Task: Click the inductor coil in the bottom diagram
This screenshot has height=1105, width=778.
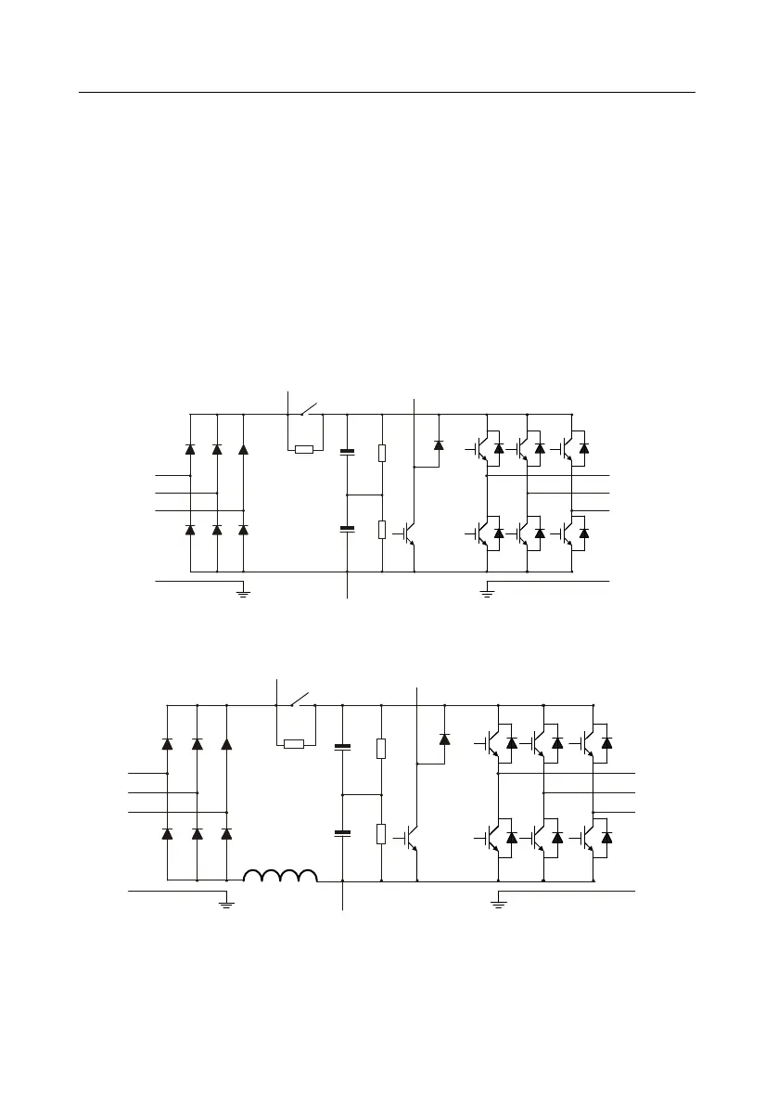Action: (280, 875)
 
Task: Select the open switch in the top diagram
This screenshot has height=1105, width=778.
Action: (308, 408)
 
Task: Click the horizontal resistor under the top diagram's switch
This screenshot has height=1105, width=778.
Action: (303, 450)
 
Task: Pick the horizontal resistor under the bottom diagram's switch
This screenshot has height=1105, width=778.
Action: (293, 743)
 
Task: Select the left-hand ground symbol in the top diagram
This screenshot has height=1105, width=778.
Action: (243, 591)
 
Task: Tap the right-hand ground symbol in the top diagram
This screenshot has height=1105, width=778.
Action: (487, 591)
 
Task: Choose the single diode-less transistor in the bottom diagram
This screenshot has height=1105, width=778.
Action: (413, 836)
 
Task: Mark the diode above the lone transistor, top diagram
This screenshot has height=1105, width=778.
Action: (439, 445)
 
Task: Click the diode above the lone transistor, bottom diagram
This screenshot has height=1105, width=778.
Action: (443, 739)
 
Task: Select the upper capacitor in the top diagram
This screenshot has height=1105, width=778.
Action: (347, 452)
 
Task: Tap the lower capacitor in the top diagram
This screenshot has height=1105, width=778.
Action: (347, 529)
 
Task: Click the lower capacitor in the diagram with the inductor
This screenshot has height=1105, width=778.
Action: (342, 833)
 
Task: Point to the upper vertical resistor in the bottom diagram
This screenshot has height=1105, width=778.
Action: (381, 749)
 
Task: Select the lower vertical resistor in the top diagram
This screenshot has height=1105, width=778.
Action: (382, 530)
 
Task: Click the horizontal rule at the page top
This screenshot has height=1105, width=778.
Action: (387, 92)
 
